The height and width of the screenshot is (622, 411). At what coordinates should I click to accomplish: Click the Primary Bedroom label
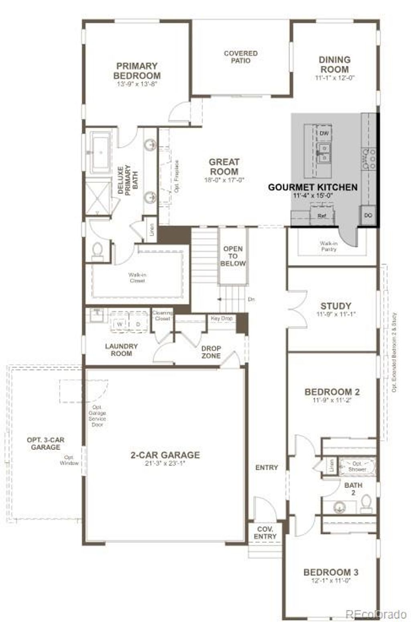[x=137, y=71]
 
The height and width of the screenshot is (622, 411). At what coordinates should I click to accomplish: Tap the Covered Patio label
[x=240, y=57]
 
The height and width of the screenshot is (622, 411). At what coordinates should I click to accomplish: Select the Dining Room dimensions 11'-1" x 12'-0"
[x=335, y=78]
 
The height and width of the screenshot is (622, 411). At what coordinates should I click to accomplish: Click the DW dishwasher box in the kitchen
[x=324, y=133]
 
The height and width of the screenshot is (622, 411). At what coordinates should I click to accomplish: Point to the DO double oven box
[x=368, y=215]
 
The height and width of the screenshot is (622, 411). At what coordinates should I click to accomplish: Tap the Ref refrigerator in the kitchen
[x=321, y=216]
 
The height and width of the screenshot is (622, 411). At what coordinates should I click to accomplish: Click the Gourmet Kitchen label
[x=313, y=187]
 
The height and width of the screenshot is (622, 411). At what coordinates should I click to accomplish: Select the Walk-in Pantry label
[x=328, y=246]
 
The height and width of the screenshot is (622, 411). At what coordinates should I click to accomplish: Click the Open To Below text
[x=233, y=256]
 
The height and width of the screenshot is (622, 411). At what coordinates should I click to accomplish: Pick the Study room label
[x=336, y=305]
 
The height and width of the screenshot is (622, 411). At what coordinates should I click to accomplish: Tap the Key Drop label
[x=222, y=318]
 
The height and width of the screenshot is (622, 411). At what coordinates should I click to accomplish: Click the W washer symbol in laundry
[x=120, y=324]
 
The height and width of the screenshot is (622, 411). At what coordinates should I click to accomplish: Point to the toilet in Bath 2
[x=366, y=504]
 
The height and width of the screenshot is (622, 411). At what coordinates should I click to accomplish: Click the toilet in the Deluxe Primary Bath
[x=98, y=251]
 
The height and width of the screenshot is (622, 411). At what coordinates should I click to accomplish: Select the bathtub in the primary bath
[x=100, y=153]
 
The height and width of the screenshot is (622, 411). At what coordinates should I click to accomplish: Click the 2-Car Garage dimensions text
[x=165, y=464]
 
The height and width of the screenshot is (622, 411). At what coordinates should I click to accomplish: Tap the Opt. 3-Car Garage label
[x=45, y=443]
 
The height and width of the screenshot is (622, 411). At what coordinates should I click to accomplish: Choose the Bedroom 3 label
[x=331, y=572]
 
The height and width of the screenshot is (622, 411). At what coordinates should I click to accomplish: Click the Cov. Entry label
[x=265, y=533]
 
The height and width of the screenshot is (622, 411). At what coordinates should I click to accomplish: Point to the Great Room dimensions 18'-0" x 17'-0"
[x=224, y=180]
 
